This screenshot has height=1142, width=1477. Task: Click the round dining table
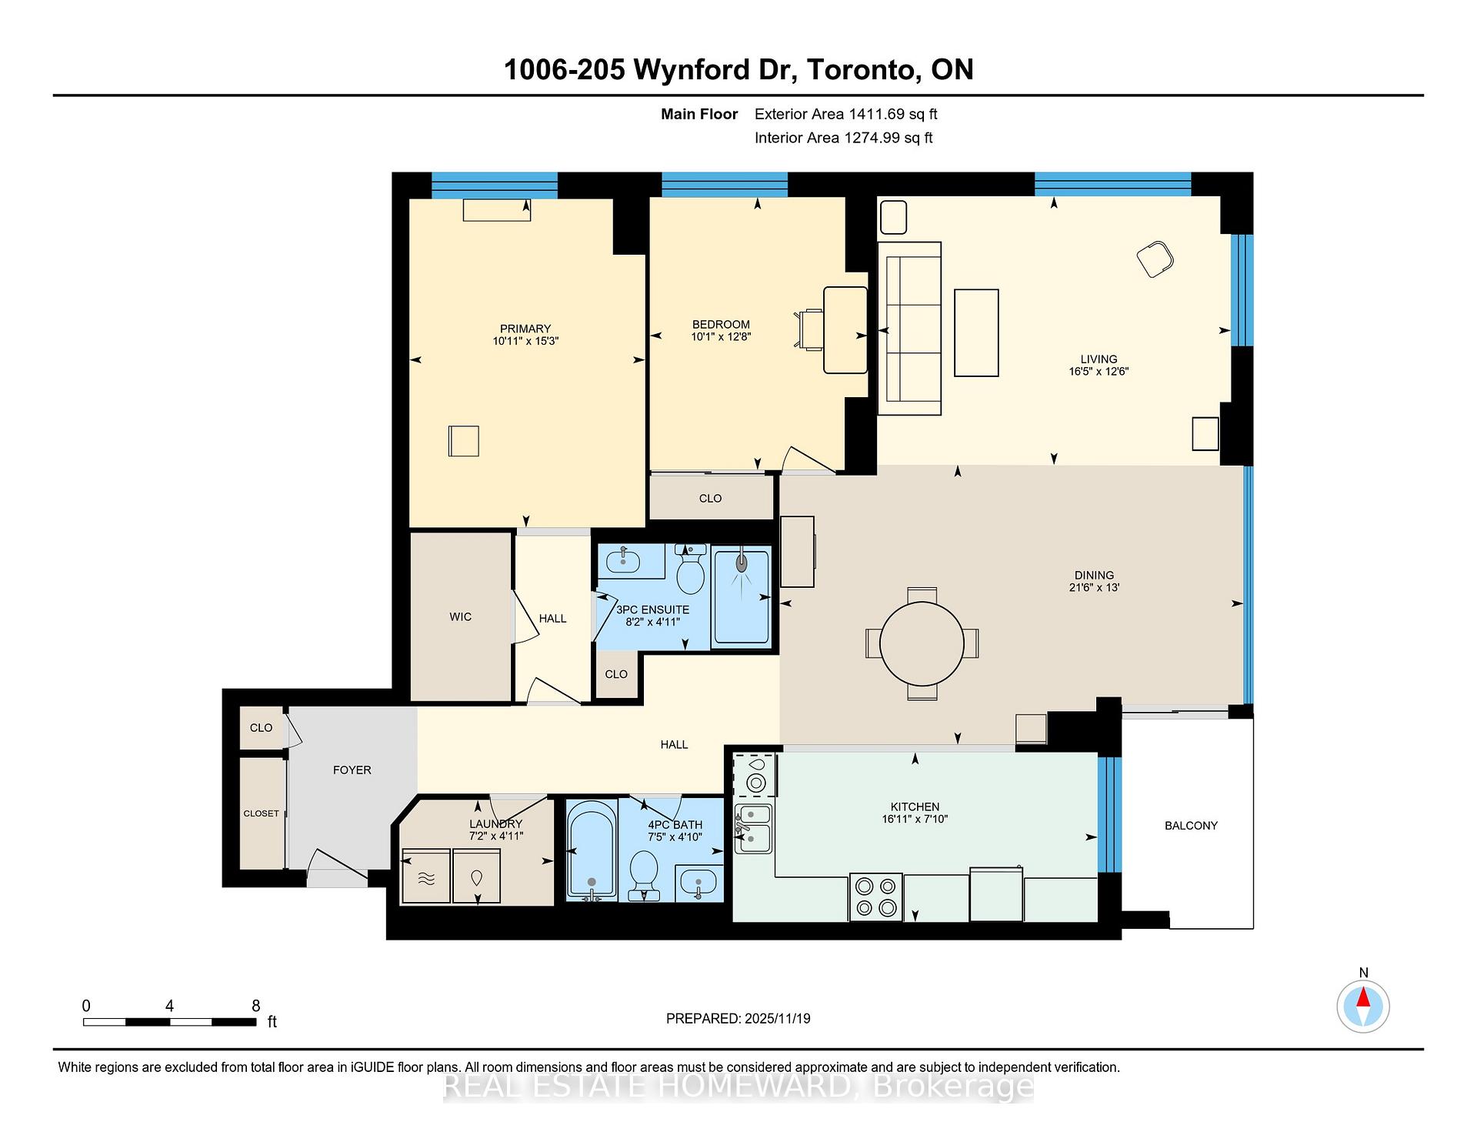(921, 643)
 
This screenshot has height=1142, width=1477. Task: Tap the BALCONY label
(1191, 826)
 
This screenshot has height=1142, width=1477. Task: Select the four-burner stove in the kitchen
(875, 897)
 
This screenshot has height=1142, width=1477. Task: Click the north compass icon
(1363, 1006)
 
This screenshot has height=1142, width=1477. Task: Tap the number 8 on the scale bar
(256, 1006)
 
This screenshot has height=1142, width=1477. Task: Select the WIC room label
(460, 617)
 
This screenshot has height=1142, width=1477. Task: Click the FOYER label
(352, 770)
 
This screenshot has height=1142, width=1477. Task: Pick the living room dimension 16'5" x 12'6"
(1098, 372)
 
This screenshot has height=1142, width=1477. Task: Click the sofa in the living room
(910, 329)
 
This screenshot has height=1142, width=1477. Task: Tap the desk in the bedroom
(845, 330)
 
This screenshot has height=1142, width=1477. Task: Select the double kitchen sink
(753, 828)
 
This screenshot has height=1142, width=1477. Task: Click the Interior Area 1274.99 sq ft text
(843, 139)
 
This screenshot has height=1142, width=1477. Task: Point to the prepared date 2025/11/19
(777, 1019)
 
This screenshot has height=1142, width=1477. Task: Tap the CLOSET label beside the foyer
(261, 813)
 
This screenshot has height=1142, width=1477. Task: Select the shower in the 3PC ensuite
(741, 596)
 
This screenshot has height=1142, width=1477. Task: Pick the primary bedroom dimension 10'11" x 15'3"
(525, 341)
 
